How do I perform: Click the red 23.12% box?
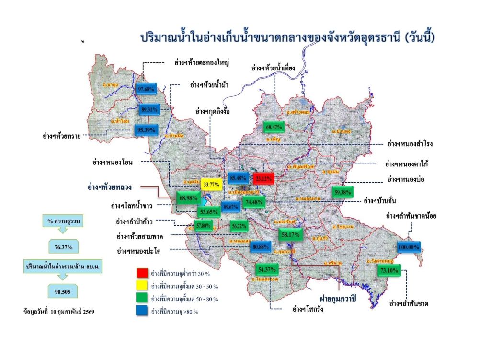click(263, 178)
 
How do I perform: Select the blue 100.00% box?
click(409, 247)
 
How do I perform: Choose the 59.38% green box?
click(343, 192)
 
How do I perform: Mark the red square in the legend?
click(142, 273)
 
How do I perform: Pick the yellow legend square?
click(142, 286)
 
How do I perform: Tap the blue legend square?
click(142, 312)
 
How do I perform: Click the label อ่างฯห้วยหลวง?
click(110, 186)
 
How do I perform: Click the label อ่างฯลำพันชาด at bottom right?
click(409, 304)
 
